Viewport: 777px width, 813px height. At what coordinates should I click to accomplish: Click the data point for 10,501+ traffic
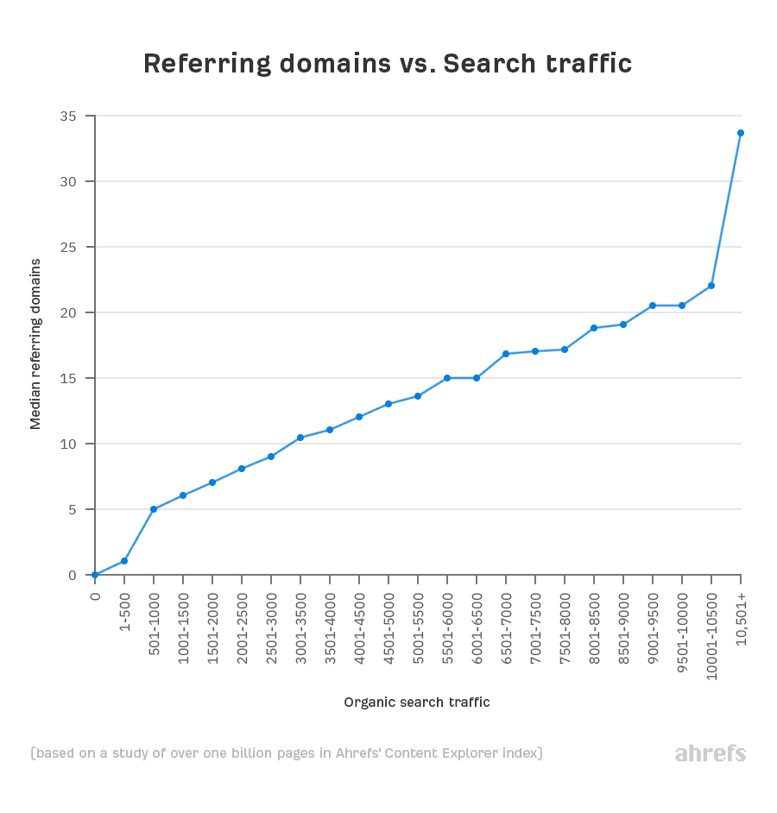coord(741,133)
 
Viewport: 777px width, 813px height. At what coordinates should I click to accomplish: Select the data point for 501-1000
coord(154,509)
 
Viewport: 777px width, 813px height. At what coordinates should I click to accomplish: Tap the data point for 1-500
coord(124,561)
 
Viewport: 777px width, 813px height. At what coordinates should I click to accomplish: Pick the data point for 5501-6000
coord(447,378)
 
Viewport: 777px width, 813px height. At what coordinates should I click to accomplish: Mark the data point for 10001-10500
coord(711,286)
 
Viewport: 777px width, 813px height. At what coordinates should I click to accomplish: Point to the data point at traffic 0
coord(95,575)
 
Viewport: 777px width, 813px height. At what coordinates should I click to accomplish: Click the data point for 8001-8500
coord(594,328)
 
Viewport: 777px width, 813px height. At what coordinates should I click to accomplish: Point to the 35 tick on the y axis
coord(68,117)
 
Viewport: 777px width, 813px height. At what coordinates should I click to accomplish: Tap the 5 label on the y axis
coord(73,509)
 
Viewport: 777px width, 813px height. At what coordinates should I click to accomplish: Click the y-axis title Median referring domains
coord(35,343)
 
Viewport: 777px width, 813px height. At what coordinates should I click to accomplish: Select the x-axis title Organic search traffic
coord(417,703)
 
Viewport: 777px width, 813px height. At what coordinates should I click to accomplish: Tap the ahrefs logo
coord(710,753)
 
